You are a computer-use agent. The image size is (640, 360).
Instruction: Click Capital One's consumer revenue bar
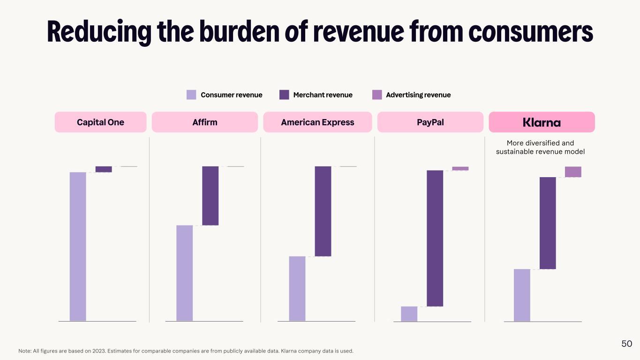(x=78, y=247)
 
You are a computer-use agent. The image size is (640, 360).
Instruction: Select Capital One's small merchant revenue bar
(x=104, y=169)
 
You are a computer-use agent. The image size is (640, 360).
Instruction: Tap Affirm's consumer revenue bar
(x=185, y=273)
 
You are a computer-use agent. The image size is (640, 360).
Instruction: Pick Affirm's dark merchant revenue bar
(x=211, y=196)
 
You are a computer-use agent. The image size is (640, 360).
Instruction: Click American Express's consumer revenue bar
(x=297, y=289)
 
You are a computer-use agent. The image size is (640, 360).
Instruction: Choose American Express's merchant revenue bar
(x=323, y=211)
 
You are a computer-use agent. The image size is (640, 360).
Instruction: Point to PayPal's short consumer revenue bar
(x=409, y=314)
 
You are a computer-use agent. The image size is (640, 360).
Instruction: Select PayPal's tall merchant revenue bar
(x=435, y=238)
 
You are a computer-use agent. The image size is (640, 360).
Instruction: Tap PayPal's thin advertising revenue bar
(x=460, y=168)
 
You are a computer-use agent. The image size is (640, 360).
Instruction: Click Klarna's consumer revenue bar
(x=522, y=295)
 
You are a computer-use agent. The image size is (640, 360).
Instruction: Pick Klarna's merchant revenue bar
(x=548, y=223)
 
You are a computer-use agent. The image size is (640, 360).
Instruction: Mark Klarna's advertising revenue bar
(x=573, y=172)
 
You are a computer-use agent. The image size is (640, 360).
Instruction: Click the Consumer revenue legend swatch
(x=191, y=95)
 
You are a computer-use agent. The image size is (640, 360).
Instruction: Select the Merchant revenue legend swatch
(x=284, y=95)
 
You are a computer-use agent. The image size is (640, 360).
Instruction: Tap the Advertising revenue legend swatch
(x=377, y=95)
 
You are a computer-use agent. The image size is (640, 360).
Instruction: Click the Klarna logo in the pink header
(x=542, y=122)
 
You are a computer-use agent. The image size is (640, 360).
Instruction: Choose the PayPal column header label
(x=430, y=122)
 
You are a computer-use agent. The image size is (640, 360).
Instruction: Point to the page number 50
(x=627, y=344)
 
